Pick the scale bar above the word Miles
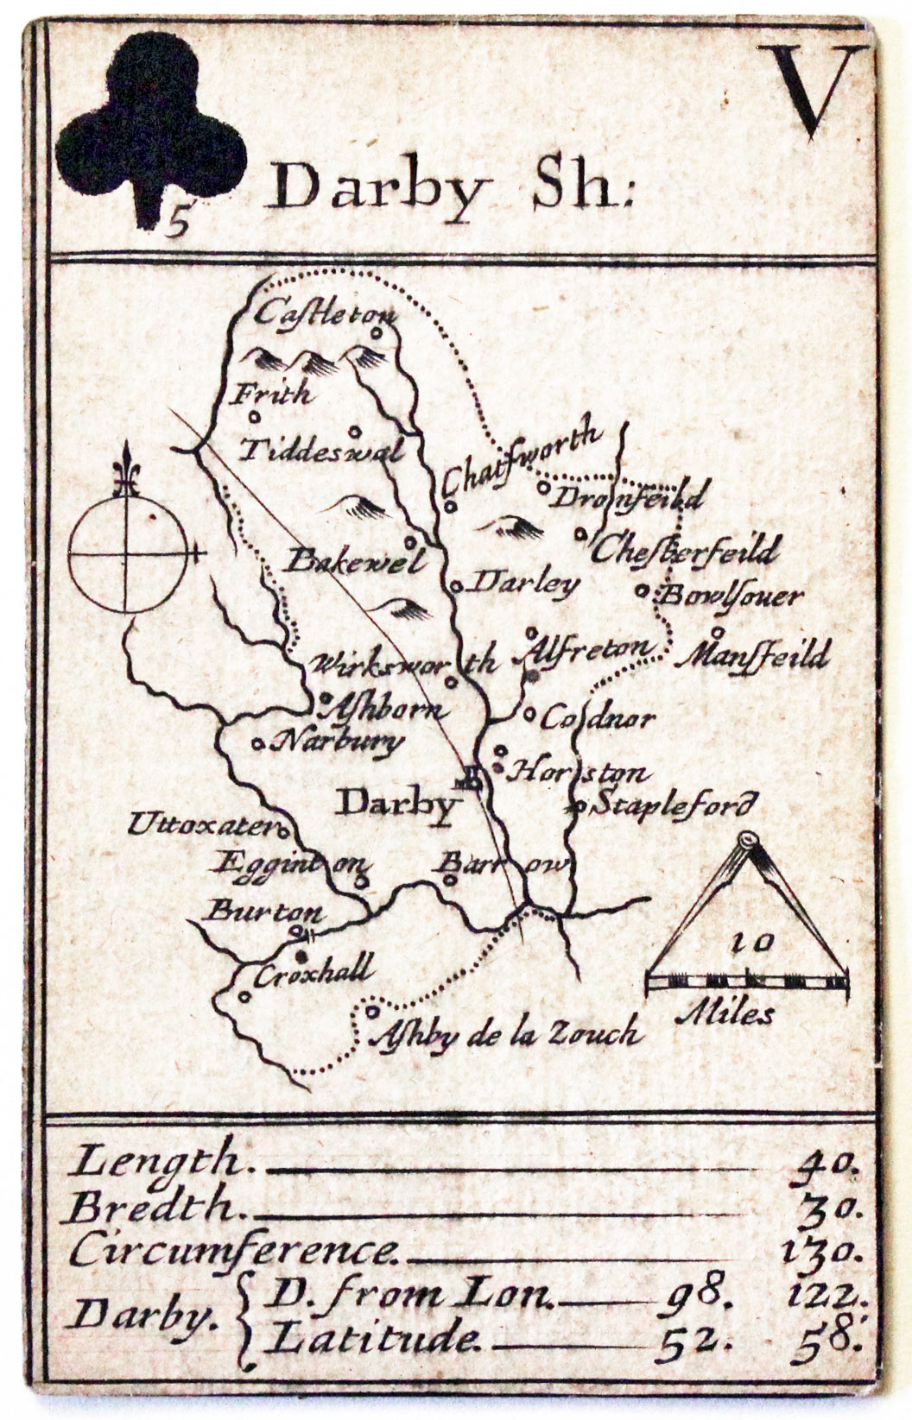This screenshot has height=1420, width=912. click(748, 981)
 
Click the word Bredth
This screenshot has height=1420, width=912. click(152, 1206)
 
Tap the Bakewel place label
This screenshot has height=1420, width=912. click(356, 562)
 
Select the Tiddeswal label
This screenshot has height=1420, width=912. click(321, 451)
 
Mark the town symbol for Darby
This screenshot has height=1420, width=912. click(472, 780)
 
